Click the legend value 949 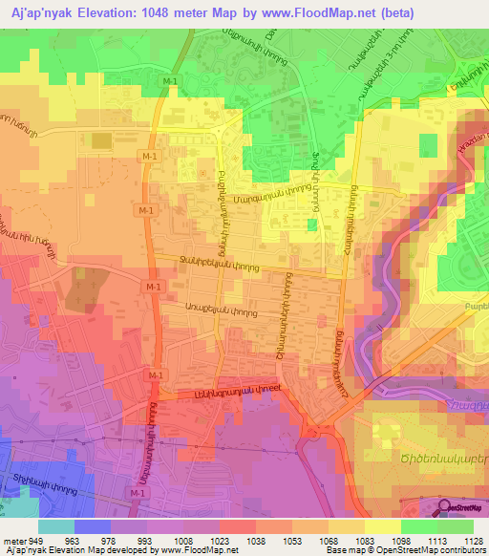coord(37,539)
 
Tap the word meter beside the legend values coord(12,539)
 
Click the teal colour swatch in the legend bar coord(56,526)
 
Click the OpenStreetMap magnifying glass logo coord(446,507)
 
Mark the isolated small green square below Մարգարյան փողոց coord(312,225)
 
